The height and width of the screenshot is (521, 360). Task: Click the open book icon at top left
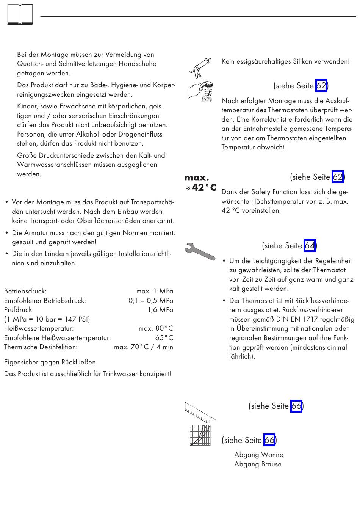click(20, 15)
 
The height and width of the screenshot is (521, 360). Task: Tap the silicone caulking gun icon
click(200, 68)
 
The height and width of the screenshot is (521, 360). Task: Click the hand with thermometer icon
click(200, 91)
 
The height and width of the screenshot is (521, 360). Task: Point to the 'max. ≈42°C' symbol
click(200, 183)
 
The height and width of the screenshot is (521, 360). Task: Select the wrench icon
click(200, 251)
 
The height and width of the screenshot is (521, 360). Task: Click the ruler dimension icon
click(200, 412)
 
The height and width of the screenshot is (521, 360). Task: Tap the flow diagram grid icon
click(200, 435)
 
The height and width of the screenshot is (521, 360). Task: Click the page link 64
click(310, 246)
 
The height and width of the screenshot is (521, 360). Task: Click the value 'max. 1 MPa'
click(155, 291)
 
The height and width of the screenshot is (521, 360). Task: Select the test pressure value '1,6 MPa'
click(160, 310)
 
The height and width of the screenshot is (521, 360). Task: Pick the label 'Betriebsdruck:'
click(25, 291)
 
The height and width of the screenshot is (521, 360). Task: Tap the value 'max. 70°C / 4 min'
click(144, 347)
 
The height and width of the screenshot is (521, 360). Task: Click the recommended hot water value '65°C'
click(164, 337)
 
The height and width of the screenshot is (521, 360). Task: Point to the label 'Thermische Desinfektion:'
click(41, 347)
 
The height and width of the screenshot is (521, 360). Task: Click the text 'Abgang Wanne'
click(259, 455)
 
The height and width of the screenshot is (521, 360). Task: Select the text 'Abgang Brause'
click(258, 464)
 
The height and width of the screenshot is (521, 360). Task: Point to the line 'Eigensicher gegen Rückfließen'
click(50, 362)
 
